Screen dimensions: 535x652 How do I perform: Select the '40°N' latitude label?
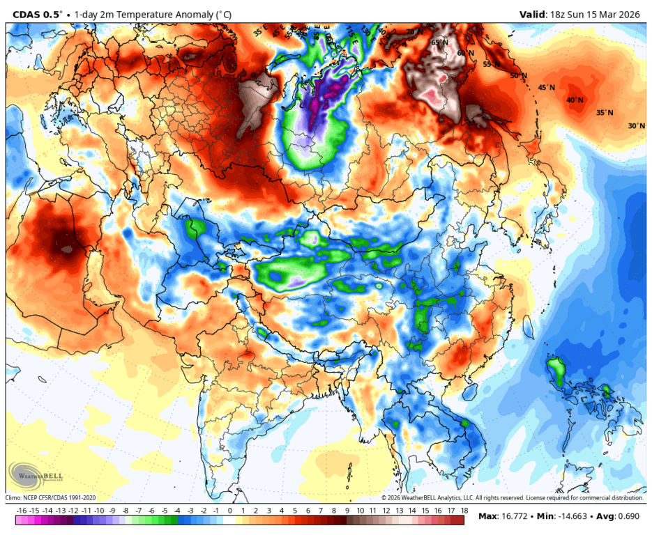[575, 100]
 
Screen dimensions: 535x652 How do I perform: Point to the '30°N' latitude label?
[636, 126]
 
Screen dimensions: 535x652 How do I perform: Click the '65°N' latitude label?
[439, 42]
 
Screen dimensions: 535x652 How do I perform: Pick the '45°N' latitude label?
[546, 88]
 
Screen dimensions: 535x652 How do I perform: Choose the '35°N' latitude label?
[605, 113]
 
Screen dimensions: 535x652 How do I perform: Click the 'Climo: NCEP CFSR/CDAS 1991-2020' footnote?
[50, 498]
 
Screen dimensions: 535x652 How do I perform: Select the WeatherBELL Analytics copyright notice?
[512, 498]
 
